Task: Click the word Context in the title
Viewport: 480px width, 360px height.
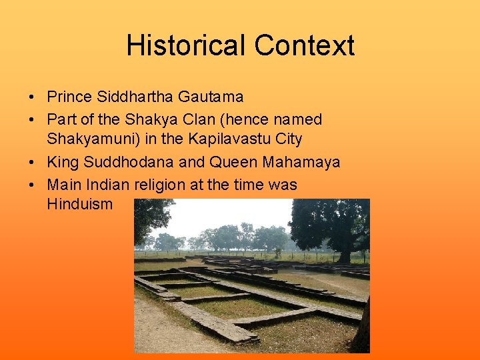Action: pyautogui.click(x=304, y=46)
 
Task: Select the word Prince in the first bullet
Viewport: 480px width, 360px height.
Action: pyautogui.click(x=70, y=97)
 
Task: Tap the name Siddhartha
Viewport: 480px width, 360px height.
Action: pyautogui.click(x=135, y=97)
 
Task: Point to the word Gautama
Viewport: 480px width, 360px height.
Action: pyautogui.click(x=211, y=97)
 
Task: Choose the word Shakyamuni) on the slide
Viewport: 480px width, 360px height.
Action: pyautogui.click(x=85, y=139)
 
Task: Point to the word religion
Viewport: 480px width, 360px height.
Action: pyautogui.click(x=160, y=185)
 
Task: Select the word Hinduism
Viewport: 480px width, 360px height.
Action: pyautogui.click(x=80, y=204)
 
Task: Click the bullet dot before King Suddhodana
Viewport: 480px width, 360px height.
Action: pyautogui.click(x=32, y=163)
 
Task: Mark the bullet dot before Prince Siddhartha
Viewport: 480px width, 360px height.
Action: pyautogui.click(x=32, y=97)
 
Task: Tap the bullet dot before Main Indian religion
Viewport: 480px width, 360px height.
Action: pyautogui.click(x=32, y=185)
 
